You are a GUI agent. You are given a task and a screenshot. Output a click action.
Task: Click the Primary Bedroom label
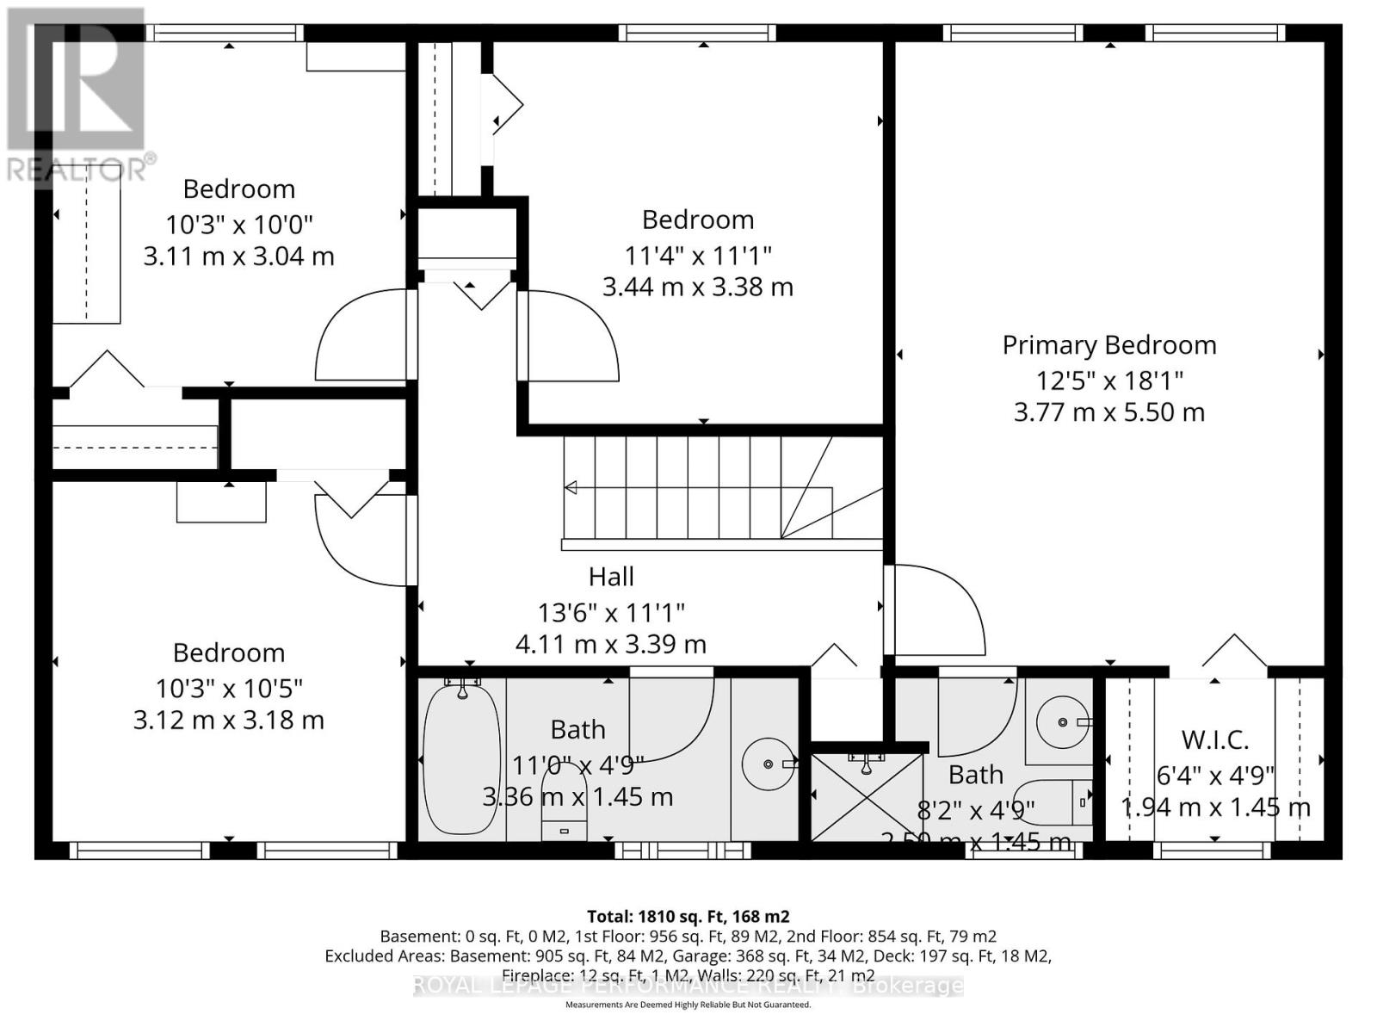(1108, 345)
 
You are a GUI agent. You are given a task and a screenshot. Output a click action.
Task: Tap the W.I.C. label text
(1214, 739)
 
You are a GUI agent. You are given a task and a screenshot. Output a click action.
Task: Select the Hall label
(611, 577)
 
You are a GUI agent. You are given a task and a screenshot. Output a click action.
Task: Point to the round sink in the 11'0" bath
(768, 764)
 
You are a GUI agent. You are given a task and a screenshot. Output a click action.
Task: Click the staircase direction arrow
(571, 488)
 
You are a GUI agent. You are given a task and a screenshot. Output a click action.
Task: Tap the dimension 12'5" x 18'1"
(1108, 380)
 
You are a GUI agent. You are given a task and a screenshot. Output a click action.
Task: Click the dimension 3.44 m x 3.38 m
(697, 287)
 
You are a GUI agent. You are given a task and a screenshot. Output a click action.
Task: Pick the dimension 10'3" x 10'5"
(229, 689)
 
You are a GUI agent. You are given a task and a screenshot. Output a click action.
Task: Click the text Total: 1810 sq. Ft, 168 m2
(688, 916)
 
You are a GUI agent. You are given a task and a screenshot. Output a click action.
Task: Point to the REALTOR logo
(77, 95)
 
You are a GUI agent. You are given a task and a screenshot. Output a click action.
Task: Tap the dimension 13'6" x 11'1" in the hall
(611, 613)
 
